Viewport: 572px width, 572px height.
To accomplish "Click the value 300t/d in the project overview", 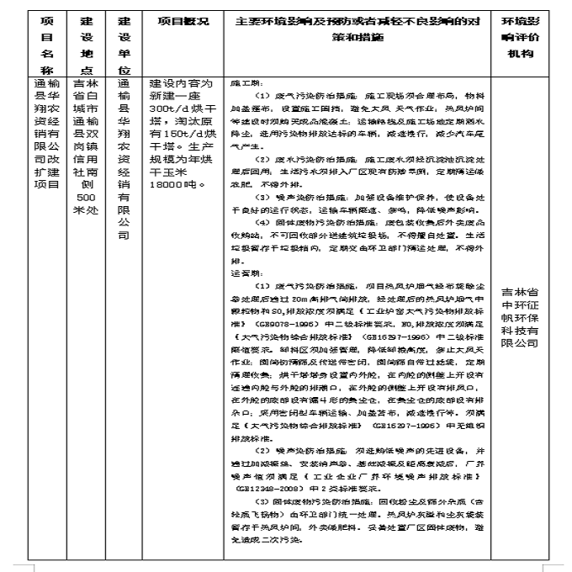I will pyautogui.click(x=165, y=112).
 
